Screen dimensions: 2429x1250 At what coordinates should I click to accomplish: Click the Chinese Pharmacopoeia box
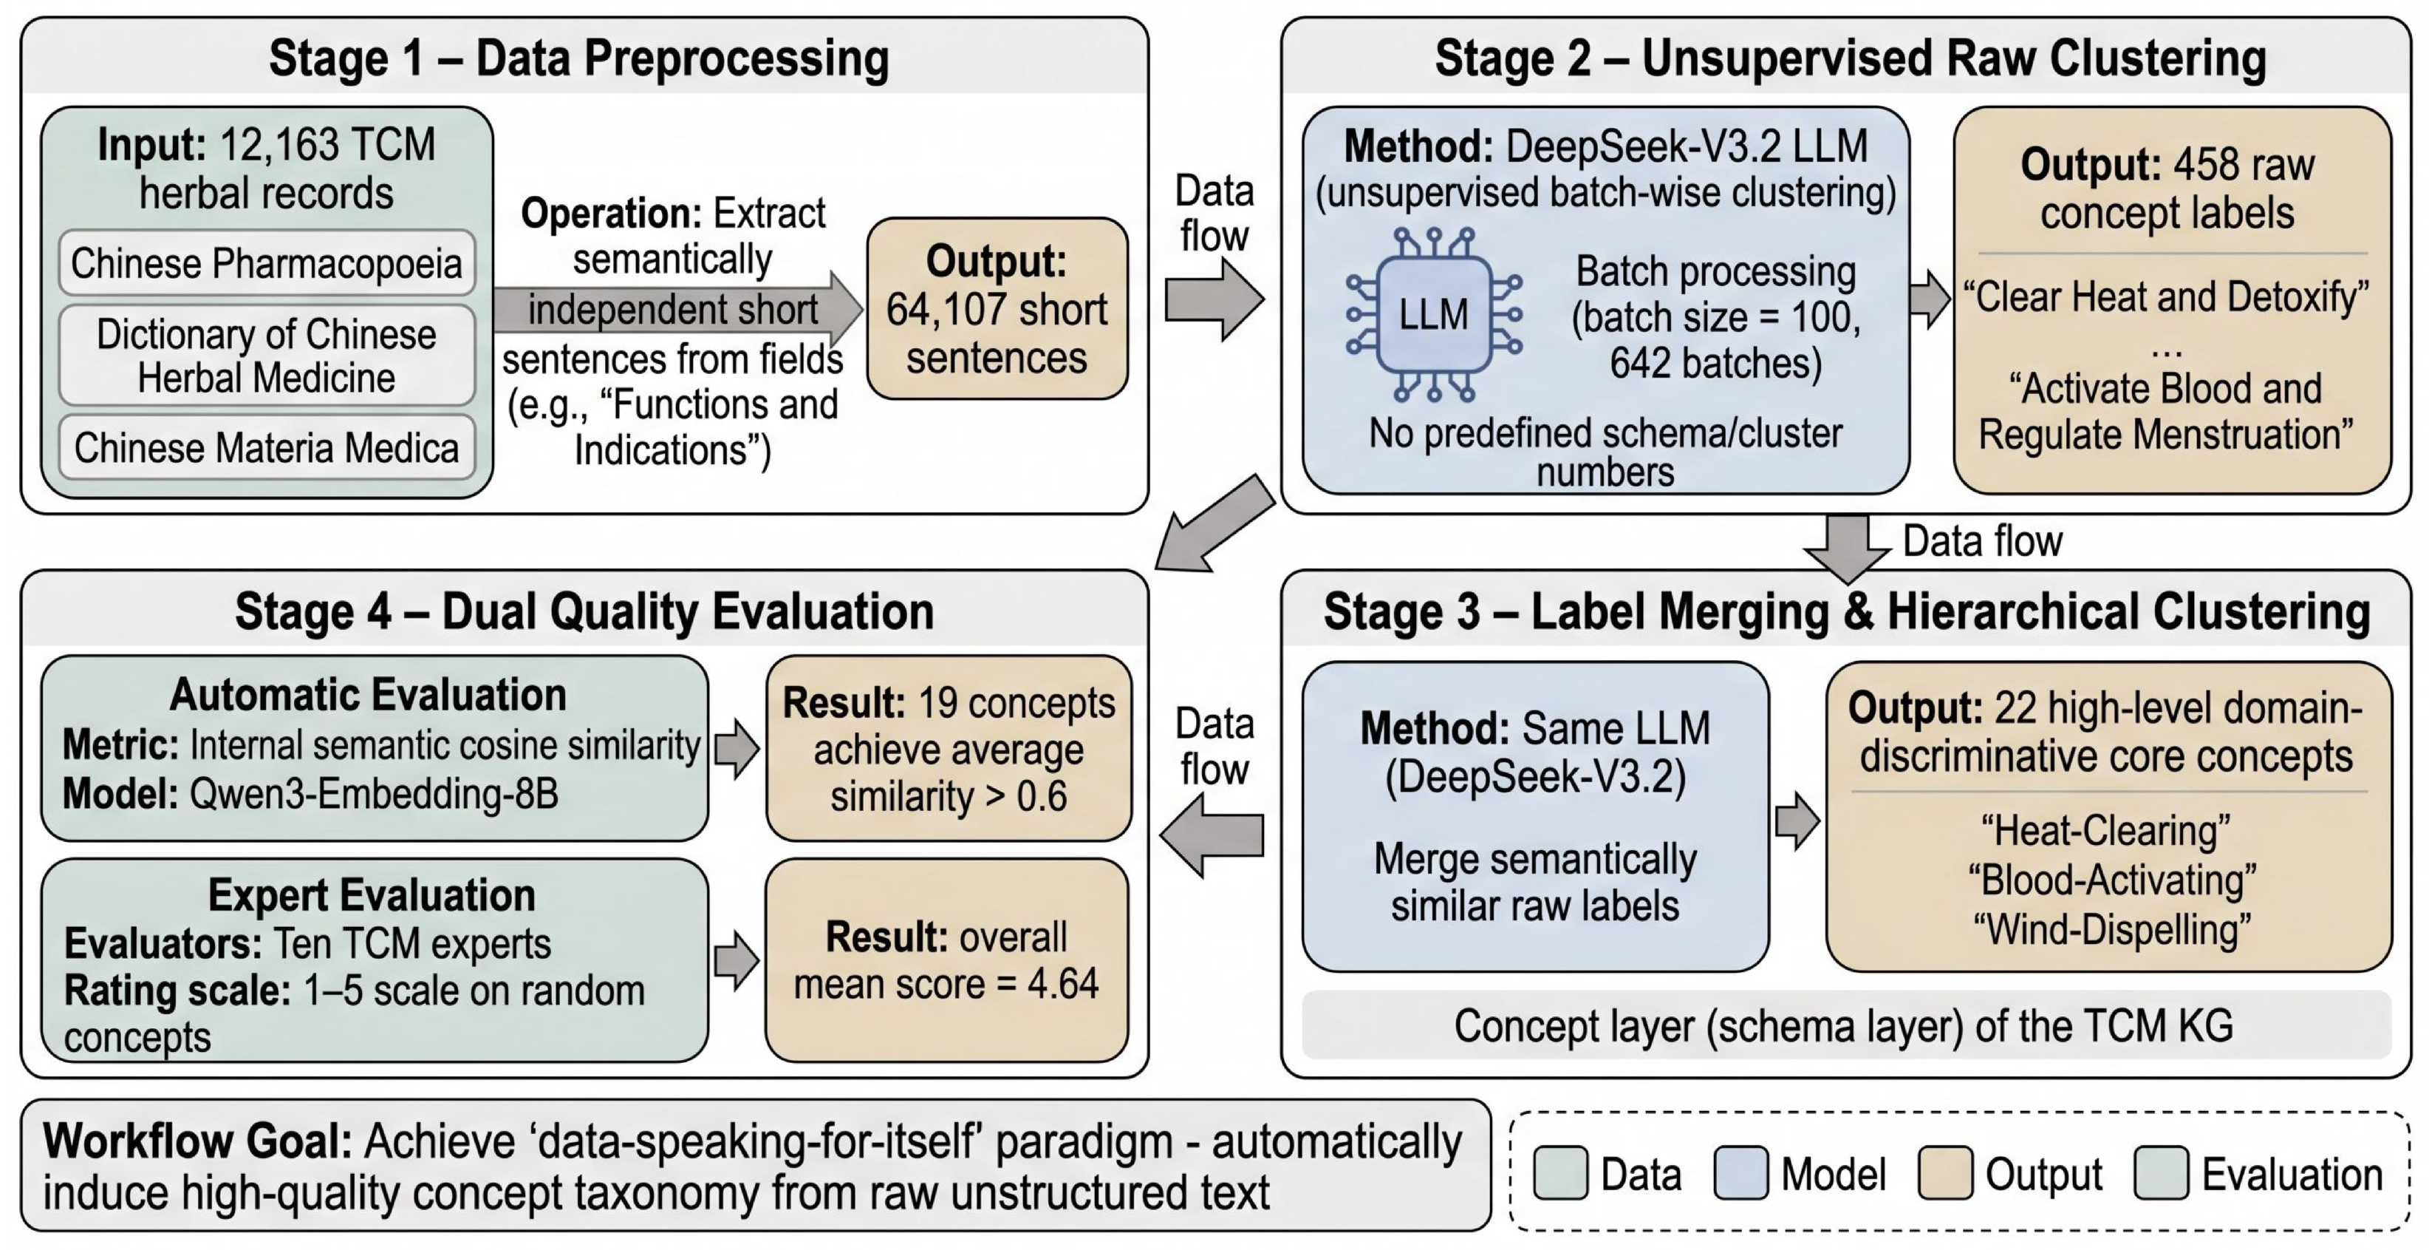click(267, 262)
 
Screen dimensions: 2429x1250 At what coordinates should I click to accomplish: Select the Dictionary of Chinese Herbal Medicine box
click(267, 355)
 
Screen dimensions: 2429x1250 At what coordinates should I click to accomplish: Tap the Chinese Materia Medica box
click(267, 447)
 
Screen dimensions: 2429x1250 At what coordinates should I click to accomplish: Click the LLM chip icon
click(1434, 314)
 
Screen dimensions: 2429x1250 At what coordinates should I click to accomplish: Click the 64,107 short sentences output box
click(997, 308)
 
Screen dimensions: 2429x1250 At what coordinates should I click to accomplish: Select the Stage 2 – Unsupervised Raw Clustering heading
click(1850, 58)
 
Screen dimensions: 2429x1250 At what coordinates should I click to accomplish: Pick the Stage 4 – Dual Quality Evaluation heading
click(584, 611)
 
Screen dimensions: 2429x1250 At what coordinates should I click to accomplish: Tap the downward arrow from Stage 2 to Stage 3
click(1847, 547)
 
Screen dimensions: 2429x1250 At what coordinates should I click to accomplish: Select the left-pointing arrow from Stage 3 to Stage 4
click(1212, 835)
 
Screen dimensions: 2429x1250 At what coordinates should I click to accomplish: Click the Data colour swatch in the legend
click(1560, 1174)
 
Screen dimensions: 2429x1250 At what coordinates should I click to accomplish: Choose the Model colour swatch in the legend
click(1740, 1174)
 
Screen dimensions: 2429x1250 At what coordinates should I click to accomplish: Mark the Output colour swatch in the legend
click(1945, 1174)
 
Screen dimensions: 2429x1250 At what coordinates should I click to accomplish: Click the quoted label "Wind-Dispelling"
click(2112, 929)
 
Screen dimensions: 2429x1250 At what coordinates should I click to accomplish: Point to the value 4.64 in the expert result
click(1062, 984)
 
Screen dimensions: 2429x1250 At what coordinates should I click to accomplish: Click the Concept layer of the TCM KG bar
click(1846, 1025)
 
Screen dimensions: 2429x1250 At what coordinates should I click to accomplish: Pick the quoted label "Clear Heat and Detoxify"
click(2166, 297)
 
